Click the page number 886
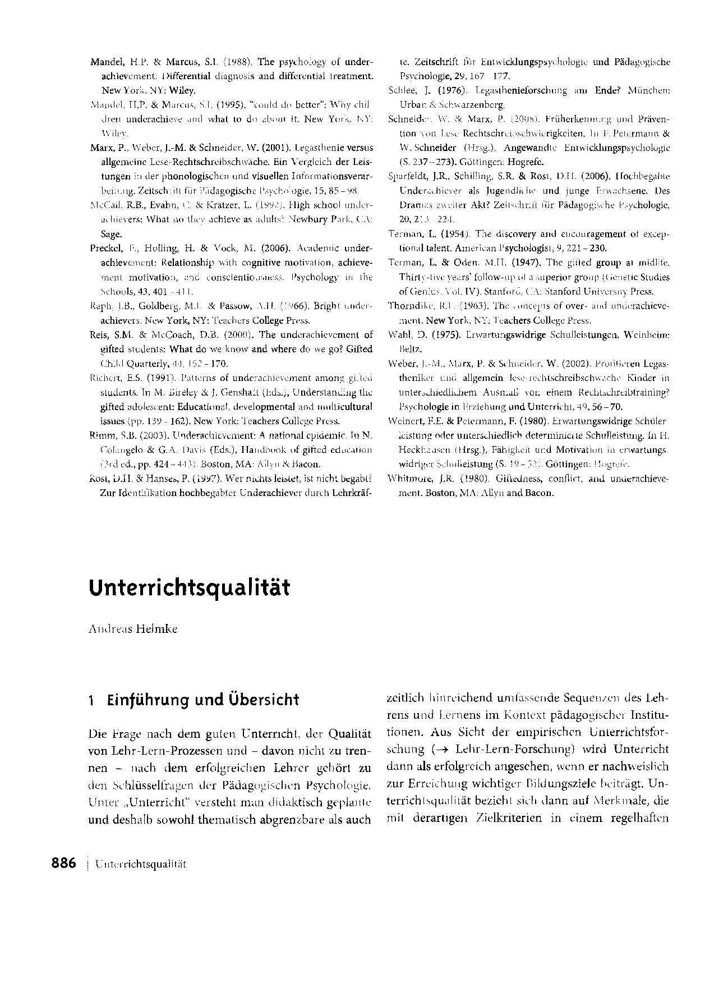point(63,863)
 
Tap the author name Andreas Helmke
point(133,629)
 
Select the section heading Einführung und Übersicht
point(203,700)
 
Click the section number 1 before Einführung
point(91,700)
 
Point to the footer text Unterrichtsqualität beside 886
point(141,864)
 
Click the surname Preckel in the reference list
point(105,248)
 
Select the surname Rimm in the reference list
point(101,435)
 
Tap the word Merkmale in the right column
point(615,801)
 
